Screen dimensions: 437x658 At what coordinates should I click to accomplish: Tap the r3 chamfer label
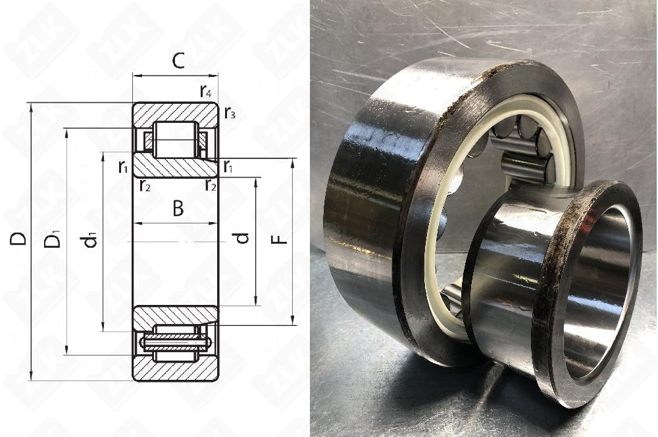pyautogui.click(x=229, y=113)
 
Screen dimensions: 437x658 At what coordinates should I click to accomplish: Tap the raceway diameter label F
pyautogui.click(x=280, y=237)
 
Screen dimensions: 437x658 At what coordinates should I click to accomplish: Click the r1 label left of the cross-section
pyautogui.click(x=123, y=168)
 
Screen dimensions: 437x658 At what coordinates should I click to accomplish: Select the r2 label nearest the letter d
pyautogui.click(x=211, y=185)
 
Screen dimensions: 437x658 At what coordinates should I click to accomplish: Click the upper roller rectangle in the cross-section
pyautogui.click(x=176, y=139)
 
